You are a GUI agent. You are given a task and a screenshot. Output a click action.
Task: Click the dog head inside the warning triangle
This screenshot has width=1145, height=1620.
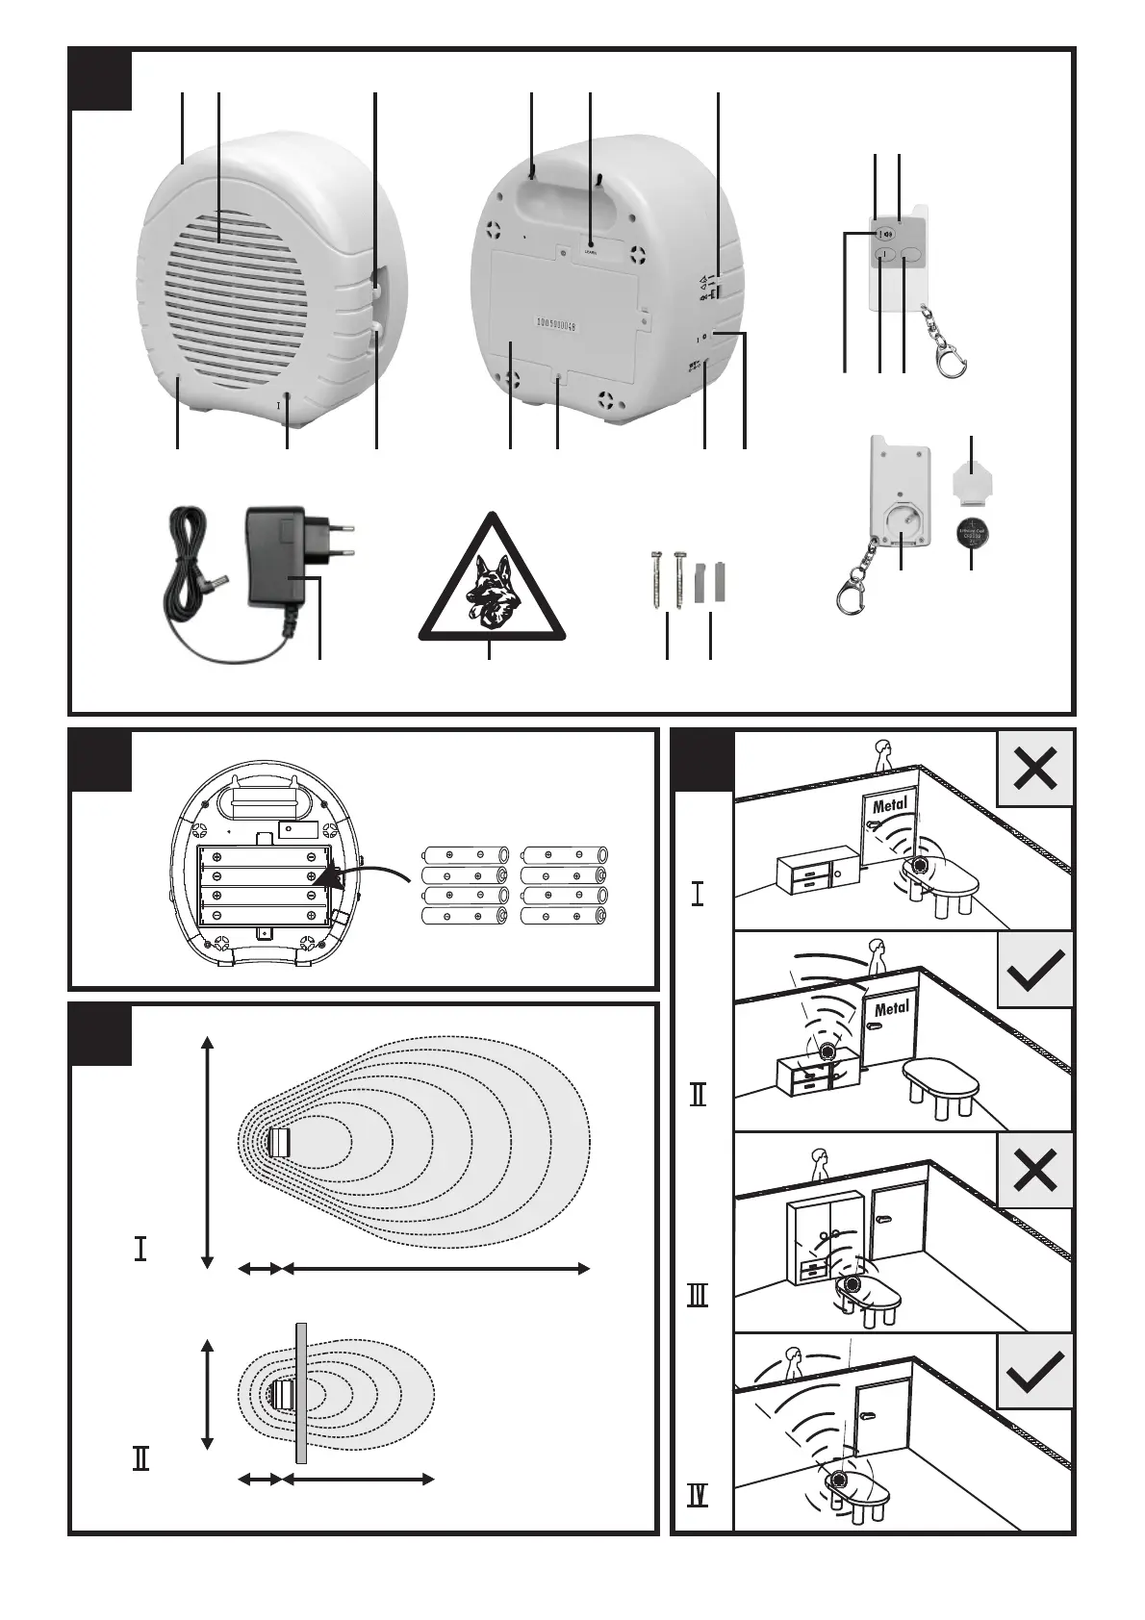tap(490, 584)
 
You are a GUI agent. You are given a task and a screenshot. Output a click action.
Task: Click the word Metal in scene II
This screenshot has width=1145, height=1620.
tap(891, 1009)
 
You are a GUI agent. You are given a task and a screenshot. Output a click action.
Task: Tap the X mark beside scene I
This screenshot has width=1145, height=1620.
tap(1035, 769)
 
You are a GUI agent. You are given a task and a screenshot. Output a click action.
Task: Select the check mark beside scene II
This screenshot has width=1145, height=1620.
tap(1035, 970)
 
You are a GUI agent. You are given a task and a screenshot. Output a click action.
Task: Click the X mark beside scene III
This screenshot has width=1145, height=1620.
tap(1035, 1171)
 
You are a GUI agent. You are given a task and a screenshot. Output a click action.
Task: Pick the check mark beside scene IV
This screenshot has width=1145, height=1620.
tap(1035, 1371)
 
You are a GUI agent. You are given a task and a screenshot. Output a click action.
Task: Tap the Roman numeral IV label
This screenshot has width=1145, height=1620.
tap(699, 1497)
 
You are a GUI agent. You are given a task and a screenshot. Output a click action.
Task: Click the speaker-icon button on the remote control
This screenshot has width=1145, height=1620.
tap(887, 233)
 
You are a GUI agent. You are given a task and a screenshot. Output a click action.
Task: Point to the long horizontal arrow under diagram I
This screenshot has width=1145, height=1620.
tap(436, 1270)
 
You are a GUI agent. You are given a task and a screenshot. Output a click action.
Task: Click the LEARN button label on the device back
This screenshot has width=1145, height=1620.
tap(590, 252)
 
